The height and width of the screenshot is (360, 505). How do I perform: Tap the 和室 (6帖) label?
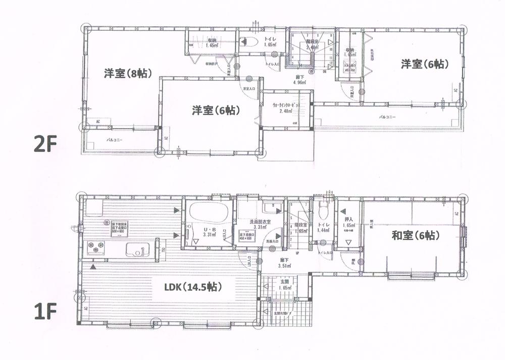414,235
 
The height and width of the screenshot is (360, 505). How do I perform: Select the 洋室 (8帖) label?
125,73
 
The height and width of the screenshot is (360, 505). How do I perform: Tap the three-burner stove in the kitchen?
95,247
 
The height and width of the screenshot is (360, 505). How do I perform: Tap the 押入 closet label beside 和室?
348,220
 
